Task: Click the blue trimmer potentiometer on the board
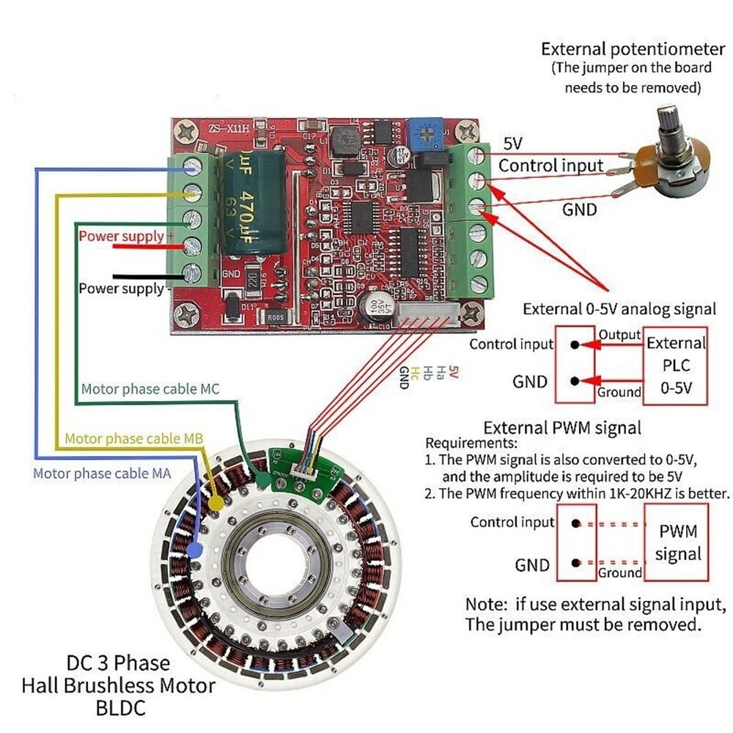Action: point(420,133)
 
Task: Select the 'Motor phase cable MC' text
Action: point(150,388)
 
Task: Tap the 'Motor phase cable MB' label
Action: point(133,438)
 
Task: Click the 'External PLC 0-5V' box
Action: point(675,365)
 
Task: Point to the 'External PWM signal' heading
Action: point(562,427)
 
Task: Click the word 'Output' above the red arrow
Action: point(619,334)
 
